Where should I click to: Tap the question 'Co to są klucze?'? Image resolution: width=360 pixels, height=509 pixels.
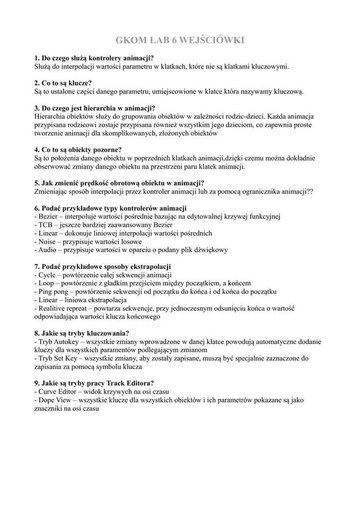[x=63, y=83]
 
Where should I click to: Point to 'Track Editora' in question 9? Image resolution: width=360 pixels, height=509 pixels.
[x=130, y=383]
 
